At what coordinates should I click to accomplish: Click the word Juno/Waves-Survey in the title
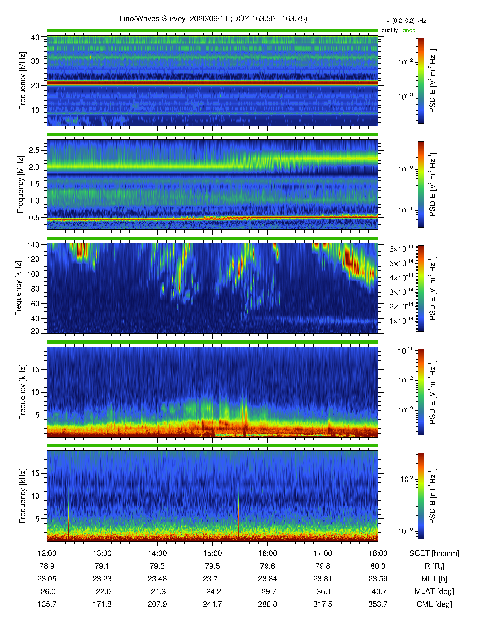[x=151, y=19]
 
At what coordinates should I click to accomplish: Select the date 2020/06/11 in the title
[x=209, y=19]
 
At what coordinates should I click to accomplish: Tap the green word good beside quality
[x=409, y=31]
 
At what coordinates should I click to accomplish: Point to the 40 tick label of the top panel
[x=35, y=37]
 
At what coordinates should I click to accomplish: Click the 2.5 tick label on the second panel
[x=34, y=150]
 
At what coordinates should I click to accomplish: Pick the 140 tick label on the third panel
[x=33, y=245]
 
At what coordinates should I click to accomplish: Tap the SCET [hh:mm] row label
[x=434, y=553]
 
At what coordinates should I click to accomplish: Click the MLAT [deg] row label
[x=434, y=591]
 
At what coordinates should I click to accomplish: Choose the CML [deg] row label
[x=434, y=604]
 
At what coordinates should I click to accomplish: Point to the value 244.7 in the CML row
[x=212, y=604]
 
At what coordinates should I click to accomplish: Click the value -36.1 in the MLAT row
[x=323, y=591]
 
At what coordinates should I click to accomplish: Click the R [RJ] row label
[x=434, y=566]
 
